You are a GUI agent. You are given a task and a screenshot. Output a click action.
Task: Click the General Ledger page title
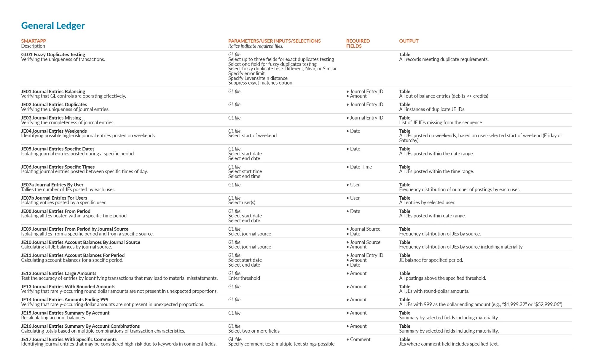point(53,26)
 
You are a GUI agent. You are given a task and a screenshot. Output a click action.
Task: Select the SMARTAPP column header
point(34,41)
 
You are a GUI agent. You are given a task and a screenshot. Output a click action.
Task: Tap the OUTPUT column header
point(409,41)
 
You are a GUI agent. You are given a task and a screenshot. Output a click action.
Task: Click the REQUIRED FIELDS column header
point(358,43)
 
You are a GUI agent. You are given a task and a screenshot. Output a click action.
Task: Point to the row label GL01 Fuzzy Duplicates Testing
point(53,55)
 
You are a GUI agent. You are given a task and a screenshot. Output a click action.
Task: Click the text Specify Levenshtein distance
point(258,78)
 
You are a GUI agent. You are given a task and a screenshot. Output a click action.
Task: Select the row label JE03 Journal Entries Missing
point(51,118)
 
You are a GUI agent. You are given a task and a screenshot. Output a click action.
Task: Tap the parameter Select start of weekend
point(252,136)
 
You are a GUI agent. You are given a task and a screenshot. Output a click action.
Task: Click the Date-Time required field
point(361,167)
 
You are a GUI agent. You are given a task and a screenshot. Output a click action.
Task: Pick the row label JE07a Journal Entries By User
point(52,185)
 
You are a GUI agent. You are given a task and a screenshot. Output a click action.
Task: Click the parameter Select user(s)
point(242,203)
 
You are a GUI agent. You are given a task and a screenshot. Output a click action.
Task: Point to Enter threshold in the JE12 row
point(244,278)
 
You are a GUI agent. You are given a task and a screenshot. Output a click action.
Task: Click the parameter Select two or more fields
point(254,331)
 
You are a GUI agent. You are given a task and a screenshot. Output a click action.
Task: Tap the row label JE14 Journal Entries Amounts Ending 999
point(65,300)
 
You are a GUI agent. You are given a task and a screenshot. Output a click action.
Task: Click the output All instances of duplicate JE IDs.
point(432,109)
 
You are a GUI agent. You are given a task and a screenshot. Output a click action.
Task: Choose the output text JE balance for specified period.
point(431,260)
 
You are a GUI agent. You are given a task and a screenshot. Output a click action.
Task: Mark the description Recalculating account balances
point(53,318)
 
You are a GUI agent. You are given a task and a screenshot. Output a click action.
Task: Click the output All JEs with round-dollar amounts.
point(434,291)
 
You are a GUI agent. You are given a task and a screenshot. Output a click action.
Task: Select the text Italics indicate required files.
point(256,46)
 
